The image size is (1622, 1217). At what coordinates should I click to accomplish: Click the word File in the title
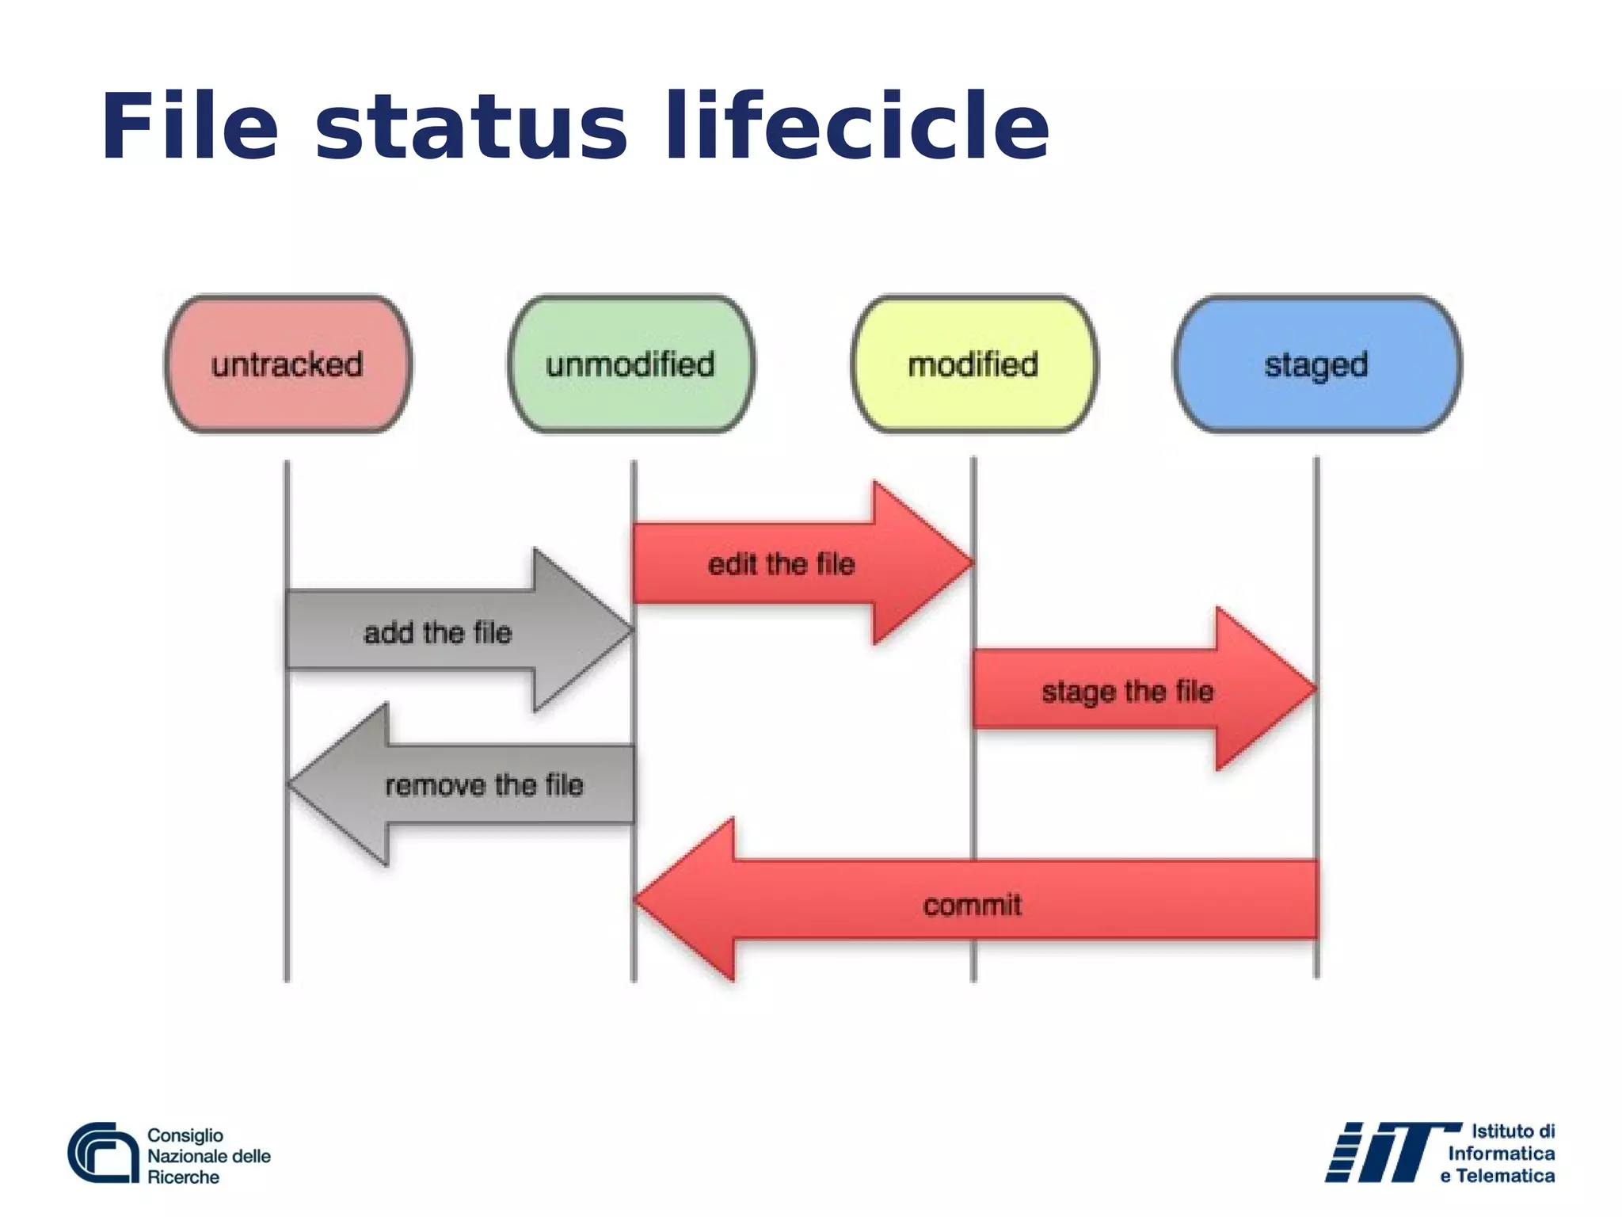pos(190,127)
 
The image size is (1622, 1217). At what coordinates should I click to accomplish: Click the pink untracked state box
pos(287,364)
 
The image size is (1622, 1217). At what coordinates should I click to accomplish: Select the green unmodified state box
pos(630,364)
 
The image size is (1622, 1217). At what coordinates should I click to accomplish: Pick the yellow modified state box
pos(973,364)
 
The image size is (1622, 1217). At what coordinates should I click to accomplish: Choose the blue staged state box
pos(1316,364)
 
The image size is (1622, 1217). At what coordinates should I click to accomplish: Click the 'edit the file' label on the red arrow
pos(781,564)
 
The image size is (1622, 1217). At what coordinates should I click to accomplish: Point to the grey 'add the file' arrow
pos(438,632)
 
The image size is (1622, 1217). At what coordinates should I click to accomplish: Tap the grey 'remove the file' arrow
pos(484,784)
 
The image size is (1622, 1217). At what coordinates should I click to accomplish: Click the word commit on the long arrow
pos(973,905)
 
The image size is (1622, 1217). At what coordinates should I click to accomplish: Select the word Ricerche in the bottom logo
pos(183,1177)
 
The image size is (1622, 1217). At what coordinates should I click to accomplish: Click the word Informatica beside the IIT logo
pos(1501,1154)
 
